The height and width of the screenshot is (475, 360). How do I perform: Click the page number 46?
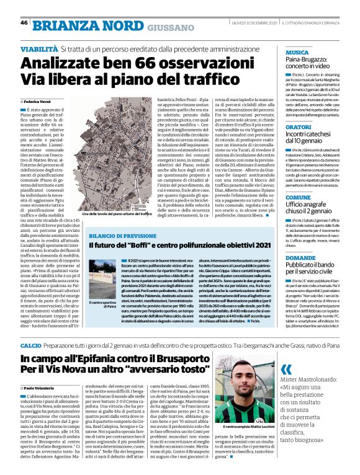24,22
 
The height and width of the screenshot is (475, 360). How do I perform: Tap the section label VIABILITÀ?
39,48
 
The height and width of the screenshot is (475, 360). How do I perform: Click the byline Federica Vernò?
39,100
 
